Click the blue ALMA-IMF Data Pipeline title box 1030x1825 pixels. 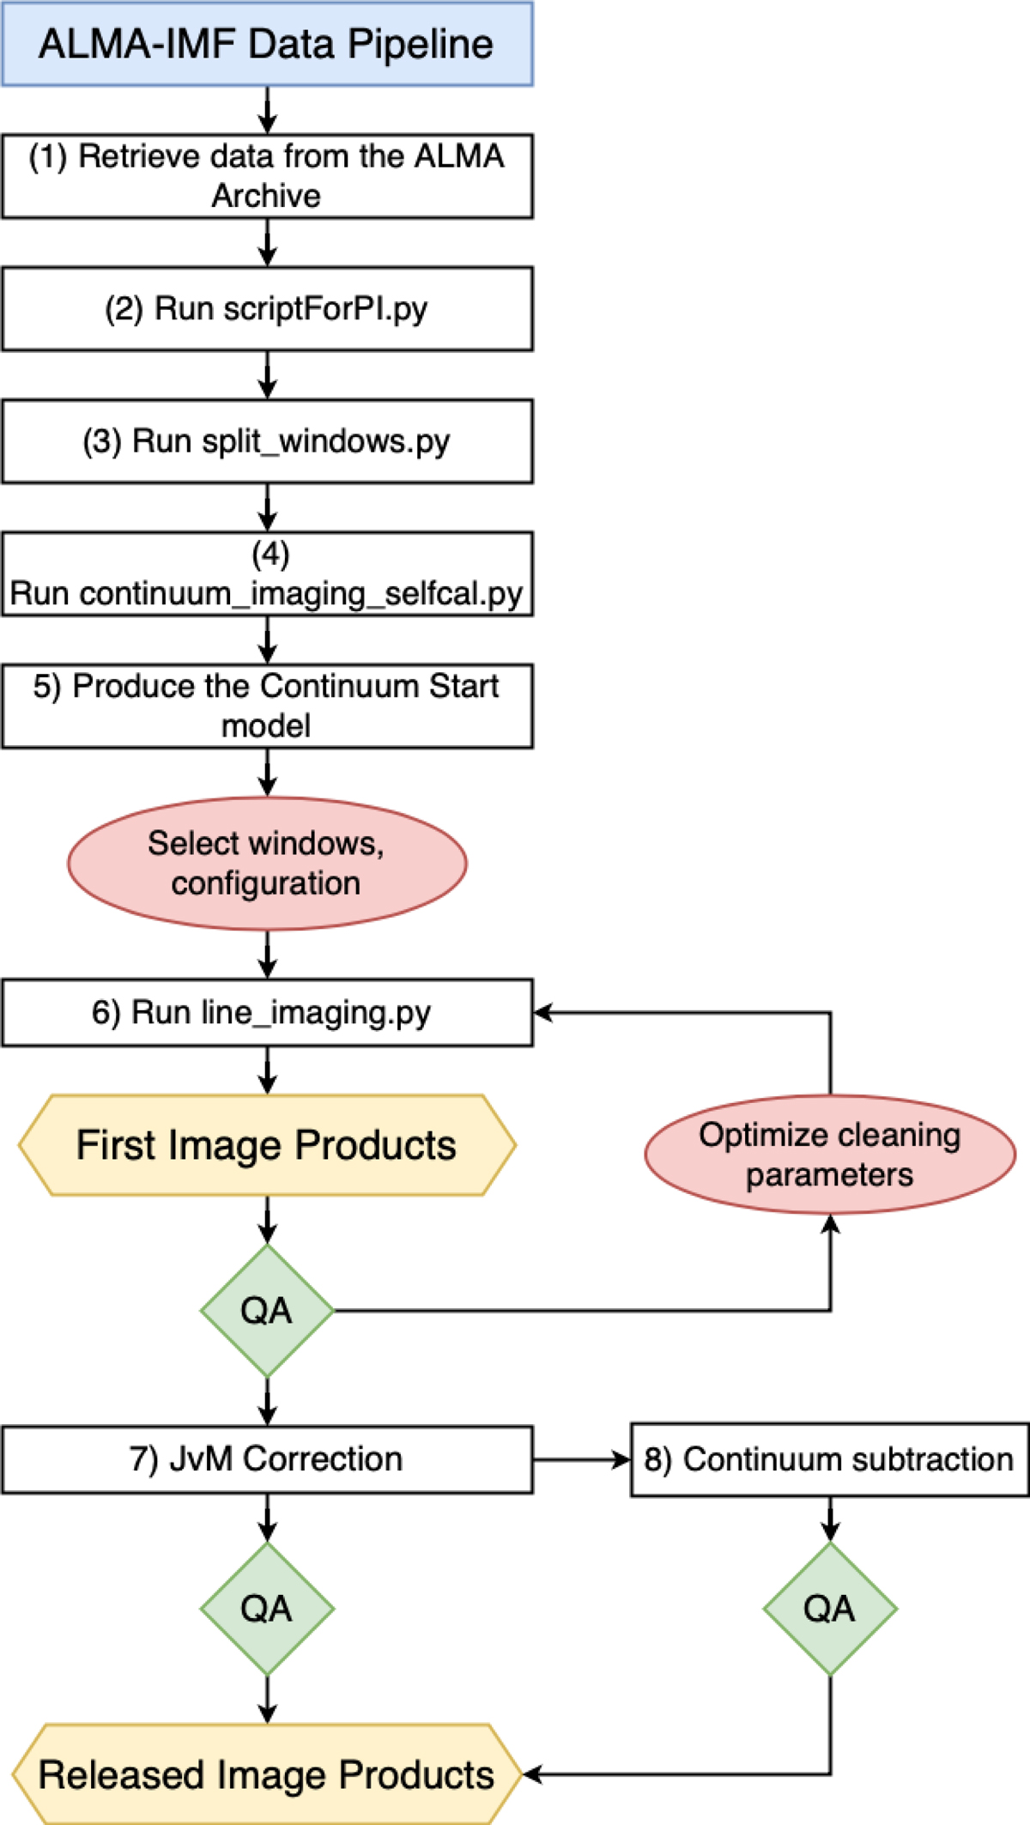[x=267, y=44]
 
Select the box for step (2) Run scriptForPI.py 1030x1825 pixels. [x=267, y=309]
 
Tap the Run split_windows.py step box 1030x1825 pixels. [x=267, y=441]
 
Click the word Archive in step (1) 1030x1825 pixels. [x=266, y=196]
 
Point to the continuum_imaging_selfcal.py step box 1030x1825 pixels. [x=267, y=574]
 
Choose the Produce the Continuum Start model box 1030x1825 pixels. [x=267, y=706]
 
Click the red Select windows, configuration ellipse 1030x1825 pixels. [x=267, y=864]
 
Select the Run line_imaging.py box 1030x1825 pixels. [x=267, y=1013]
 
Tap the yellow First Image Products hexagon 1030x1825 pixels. [x=267, y=1145]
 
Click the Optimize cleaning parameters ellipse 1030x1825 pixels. [x=830, y=1155]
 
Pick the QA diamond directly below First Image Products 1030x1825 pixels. [x=267, y=1311]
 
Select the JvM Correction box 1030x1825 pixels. [x=267, y=1459]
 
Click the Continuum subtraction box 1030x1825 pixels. [x=830, y=1459]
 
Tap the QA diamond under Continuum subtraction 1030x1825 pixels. [x=830, y=1609]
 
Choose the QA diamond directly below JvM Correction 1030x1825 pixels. [x=267, y=1609]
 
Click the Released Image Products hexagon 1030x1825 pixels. [x=267, y=1774]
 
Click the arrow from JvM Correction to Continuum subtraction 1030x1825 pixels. [x=582, y=1459]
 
